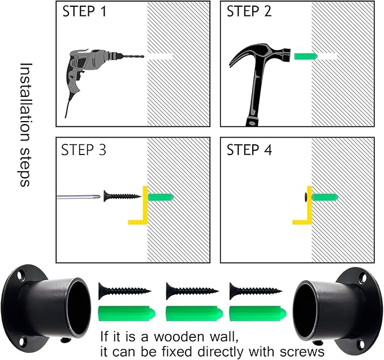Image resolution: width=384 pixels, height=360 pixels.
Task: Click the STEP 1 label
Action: (84, 11)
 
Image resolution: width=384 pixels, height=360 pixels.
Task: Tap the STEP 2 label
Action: (249, 11)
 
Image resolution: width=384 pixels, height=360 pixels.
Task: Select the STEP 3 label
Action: (84, 150)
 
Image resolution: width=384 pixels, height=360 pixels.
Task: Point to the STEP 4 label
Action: (249, 150)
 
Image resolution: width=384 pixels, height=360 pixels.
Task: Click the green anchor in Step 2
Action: (305, 57)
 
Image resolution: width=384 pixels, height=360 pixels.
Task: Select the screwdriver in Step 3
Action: (79, 196)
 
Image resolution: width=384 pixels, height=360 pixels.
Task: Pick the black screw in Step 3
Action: (122, 196)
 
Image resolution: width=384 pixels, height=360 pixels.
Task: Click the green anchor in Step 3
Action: (161, 197)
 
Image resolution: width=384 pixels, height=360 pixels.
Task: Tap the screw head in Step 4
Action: (305, 197)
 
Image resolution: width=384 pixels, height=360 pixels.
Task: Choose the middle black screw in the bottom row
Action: (192, 291)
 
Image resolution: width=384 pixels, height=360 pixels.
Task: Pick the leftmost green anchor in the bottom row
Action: (127, 313)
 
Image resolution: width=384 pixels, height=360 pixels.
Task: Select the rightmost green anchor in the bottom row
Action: (258, 313)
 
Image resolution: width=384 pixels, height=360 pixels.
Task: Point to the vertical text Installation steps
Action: (25, 125)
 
